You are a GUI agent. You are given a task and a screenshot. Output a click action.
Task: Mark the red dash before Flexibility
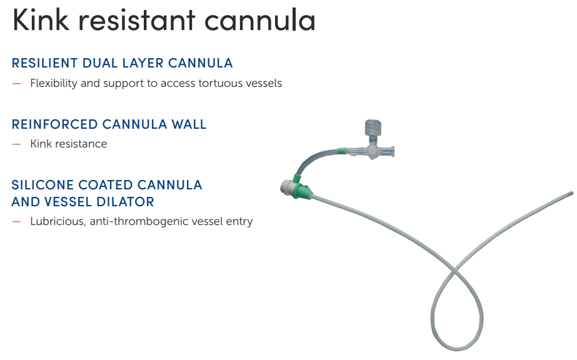tap(16, 84)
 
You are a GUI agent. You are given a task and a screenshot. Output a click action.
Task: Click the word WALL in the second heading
tap(189, 124)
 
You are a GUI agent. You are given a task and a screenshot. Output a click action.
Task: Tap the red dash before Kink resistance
tap(16, 144)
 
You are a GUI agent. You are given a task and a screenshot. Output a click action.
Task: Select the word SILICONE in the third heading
tap(43, 185)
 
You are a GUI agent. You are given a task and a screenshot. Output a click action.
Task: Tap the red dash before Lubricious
tap(16, 222)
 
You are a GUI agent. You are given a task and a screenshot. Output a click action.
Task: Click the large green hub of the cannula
tap(302, 190)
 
